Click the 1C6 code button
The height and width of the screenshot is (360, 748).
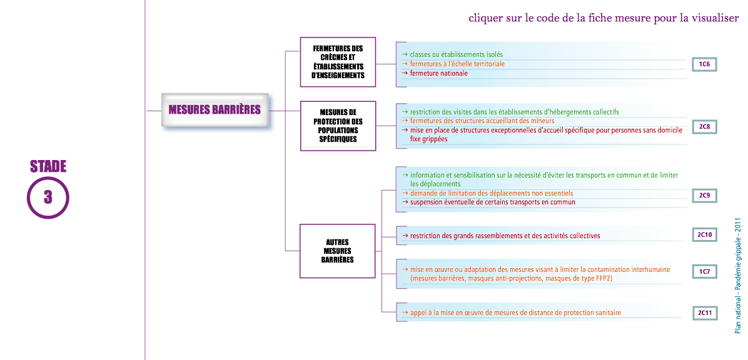point(705,64)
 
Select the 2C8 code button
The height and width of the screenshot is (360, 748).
point(705,127)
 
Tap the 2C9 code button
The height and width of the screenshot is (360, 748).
point(705,196)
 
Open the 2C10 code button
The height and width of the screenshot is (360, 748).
point(705,234)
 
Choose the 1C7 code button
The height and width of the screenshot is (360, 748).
point(705,272)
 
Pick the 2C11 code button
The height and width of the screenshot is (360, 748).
point(705,312)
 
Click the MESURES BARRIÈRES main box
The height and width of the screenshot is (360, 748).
point(215,110)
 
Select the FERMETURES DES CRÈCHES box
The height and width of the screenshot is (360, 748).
point(338,62)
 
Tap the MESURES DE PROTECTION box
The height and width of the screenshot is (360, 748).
point(338,126)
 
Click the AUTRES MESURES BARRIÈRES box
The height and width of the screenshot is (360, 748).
point(338,251)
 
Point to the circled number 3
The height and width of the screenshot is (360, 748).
point(48,197)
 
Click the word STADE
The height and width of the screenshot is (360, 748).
point(48,166)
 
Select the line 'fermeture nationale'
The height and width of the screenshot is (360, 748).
point(435,73)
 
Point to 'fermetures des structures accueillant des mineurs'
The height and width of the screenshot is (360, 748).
point(478,121)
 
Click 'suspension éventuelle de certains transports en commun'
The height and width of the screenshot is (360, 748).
point(488,202)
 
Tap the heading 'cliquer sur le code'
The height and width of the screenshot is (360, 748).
point(604,19)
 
